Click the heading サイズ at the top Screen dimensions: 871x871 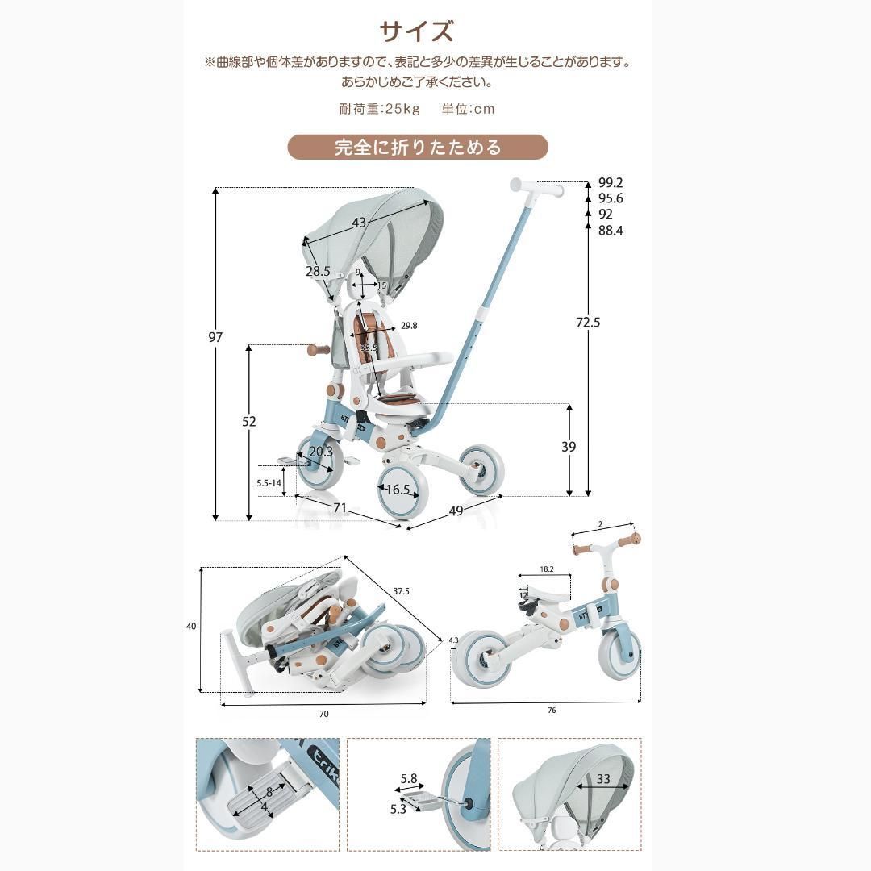tap(417, 31)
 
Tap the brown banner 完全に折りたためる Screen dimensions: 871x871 tap(418, 148)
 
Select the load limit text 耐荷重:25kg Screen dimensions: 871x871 tap(380, 109)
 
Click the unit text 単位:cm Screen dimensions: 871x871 tap(468, 109)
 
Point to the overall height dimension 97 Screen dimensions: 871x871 tap(215, 337)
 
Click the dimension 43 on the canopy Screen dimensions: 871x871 tap(359, 223)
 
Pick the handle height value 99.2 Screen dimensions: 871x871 tap(611, 183)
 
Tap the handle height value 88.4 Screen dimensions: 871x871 tap(611, 231)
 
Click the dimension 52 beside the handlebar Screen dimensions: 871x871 tap(249, 422)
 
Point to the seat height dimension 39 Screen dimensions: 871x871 tap(569, 447)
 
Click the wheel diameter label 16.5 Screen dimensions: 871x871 tap(398, 490)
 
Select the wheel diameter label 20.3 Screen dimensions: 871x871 tap(320, 452)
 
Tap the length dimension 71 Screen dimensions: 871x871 tap(340, 508)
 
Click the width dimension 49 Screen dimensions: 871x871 tap(456, 511)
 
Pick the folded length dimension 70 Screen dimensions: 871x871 tap(324, 714)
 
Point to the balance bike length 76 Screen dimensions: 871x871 tap(552, 711)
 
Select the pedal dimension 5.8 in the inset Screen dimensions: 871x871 tap(408, 779)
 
